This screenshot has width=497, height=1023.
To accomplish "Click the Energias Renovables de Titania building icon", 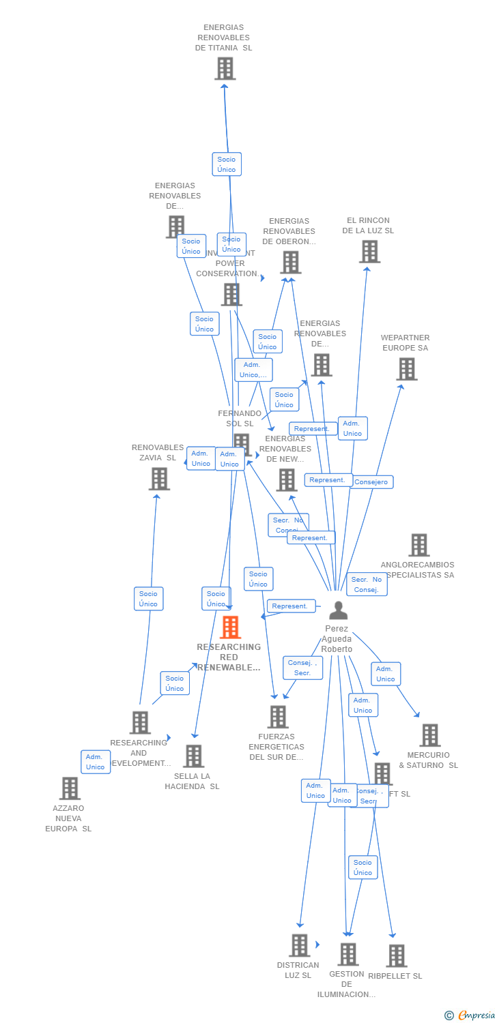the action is pos(225,69).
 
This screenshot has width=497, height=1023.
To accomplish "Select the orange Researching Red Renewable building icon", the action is pos(230,627).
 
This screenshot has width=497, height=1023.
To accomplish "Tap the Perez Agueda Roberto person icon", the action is pos(338,610).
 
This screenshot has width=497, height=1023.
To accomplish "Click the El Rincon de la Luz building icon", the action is pos(369,252).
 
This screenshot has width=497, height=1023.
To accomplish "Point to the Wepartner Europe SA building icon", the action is pos(407,369).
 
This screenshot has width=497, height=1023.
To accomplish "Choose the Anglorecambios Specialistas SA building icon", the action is pos(418,545).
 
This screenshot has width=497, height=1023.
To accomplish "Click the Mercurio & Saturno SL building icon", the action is pos(429,735).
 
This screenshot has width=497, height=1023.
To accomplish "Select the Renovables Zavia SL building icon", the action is pos(159,479).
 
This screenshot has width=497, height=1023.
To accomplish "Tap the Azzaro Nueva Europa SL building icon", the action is pos(70,788).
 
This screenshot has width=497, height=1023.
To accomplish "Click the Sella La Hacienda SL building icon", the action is pos(193,756).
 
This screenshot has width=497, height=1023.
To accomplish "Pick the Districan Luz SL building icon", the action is pos(299,945).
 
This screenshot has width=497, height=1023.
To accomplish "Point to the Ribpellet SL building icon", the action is pos(396,955).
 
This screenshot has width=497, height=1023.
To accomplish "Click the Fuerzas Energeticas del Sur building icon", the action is pos(278,717).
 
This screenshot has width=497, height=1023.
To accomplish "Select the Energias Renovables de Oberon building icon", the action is pos(290,262).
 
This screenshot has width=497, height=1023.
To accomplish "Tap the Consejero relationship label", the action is pos(371,482).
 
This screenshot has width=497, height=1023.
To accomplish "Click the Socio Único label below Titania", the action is pos(227,164).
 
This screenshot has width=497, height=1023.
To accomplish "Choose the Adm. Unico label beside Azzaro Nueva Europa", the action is pos(96,762).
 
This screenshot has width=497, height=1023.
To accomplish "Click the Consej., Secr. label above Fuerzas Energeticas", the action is pos(302,668).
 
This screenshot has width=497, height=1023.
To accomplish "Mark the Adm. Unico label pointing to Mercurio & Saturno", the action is pos(386,674).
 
